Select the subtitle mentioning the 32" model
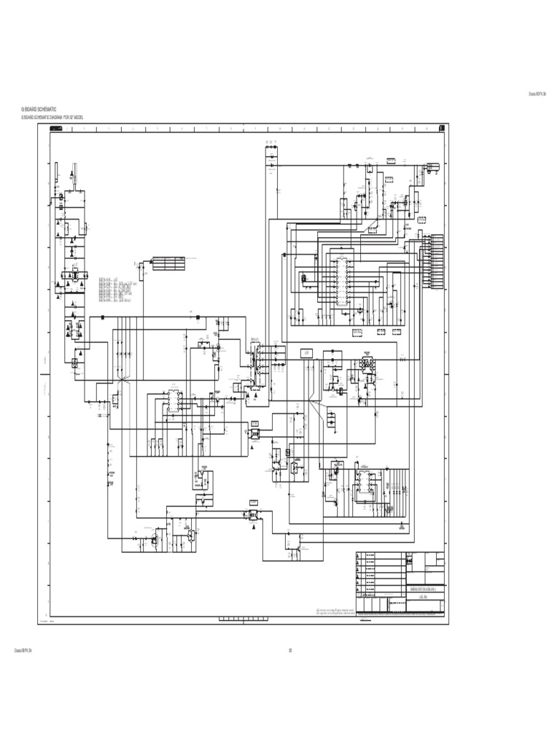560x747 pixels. tap(52, 117)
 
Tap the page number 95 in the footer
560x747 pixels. tap(289, 651)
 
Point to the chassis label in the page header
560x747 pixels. tap(537, 93)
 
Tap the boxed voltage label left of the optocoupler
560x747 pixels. tap(307, 353)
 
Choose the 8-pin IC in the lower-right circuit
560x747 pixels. tap(362, 481)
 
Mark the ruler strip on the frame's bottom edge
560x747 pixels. tap(241, 620)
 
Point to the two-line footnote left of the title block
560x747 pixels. tap(335, 611)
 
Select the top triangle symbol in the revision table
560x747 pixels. tap(358, 556)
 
